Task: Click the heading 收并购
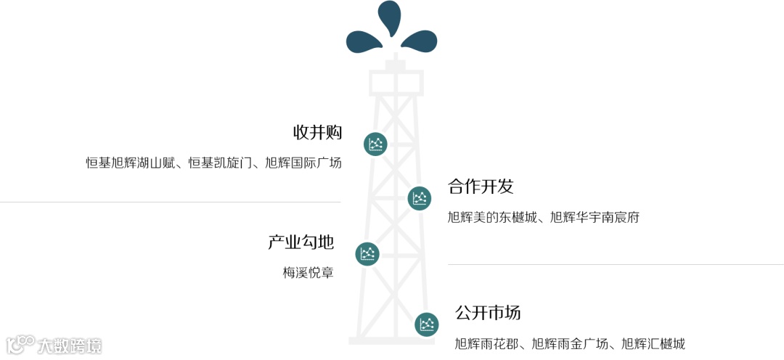coord(317,133)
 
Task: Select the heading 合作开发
coord(481,187)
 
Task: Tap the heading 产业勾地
coord(301,242)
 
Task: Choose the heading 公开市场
coord(488,313)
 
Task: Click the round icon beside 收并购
coord(375,144)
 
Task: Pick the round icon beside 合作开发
coord(420,198)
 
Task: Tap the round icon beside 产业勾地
coord(367,253)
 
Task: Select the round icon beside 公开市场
coord(427,324)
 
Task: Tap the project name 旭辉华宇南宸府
coord(595,217)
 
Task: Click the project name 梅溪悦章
coord(308,274)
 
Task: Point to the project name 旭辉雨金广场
coord(570,344)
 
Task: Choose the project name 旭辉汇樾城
coord(653,344)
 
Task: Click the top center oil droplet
coord(390,17)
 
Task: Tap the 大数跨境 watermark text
coord(70,345)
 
